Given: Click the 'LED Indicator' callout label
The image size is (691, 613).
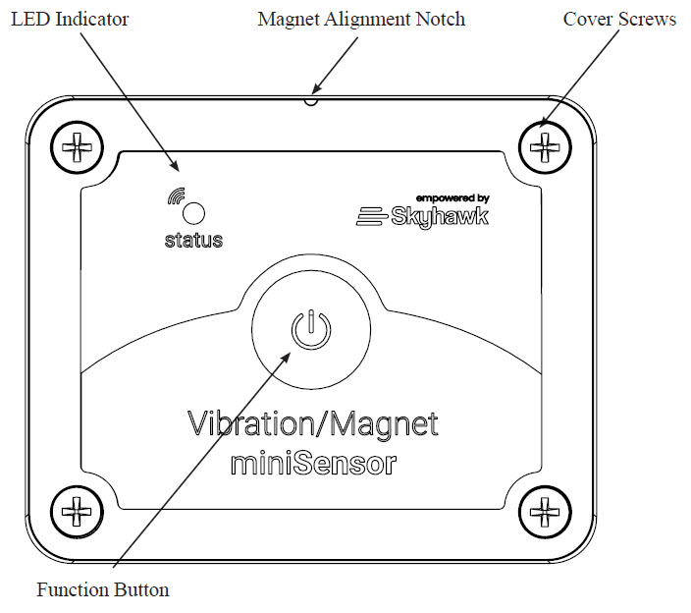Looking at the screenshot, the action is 70,20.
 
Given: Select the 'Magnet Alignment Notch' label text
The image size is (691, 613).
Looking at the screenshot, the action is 361,20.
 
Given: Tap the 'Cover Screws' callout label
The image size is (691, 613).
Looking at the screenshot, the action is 619,20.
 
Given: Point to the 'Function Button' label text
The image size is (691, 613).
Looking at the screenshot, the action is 103,589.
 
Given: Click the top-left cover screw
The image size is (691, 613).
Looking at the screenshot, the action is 78,147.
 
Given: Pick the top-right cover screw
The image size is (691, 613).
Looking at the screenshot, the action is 545,147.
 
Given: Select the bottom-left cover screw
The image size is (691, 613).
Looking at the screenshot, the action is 78,512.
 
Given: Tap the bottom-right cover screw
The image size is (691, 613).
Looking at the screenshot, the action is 545,512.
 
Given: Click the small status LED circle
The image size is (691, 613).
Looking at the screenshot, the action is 193,213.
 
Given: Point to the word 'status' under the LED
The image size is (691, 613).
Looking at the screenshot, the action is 193,241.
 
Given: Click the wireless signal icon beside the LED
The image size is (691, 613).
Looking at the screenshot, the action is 176,196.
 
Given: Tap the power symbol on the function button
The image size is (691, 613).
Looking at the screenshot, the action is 311,329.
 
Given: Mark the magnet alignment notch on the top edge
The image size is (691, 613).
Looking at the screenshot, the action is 311,101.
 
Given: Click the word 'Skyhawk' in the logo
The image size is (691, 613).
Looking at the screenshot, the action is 440,217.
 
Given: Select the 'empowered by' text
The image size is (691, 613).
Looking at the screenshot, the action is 452,198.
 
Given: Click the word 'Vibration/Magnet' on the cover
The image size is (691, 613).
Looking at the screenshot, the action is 313,424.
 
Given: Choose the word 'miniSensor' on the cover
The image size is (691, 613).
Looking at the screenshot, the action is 313,464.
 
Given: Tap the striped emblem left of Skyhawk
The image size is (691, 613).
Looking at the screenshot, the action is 371,216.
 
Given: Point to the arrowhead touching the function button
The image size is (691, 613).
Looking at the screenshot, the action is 285,359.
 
